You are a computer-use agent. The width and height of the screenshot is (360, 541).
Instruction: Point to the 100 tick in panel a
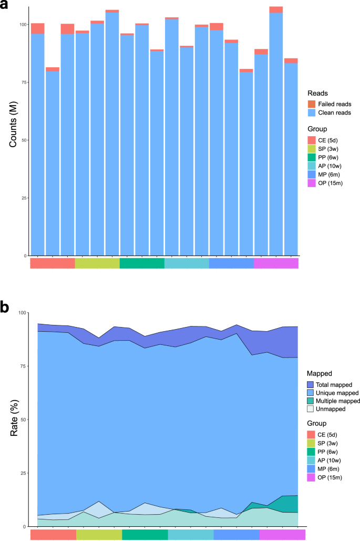pyautogui.click(x=21, y=25)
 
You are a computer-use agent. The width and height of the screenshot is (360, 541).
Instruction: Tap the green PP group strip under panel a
pyautogui.click(x=142, y=263)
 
